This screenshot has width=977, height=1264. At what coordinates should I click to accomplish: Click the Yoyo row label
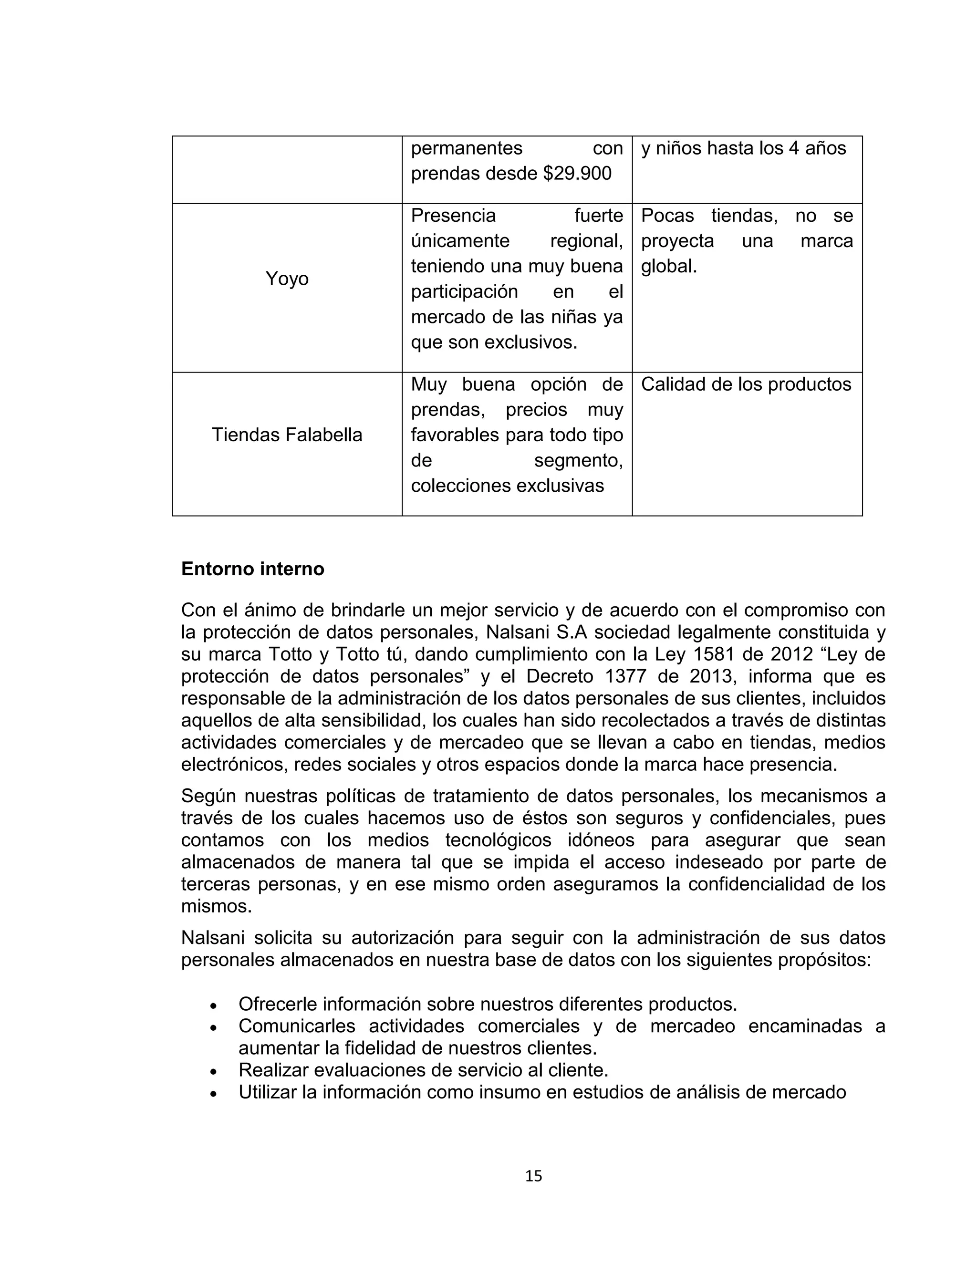287,279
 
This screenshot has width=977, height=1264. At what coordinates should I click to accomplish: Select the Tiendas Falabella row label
287,435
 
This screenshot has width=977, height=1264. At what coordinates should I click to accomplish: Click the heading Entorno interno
252,569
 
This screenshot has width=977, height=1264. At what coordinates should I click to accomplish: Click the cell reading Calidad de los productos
746,384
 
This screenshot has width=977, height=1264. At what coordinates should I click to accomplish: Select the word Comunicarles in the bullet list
296,1026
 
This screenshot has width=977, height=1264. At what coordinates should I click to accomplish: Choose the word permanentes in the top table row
467,148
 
